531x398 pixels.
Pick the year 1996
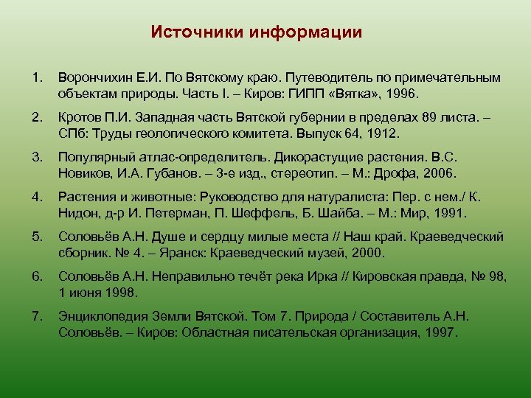pos(402,94)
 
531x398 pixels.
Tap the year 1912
pos(382,134)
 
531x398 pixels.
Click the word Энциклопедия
pos(107,316)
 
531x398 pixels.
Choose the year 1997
pos(441,333)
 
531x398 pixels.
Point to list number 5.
pos(37,237)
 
